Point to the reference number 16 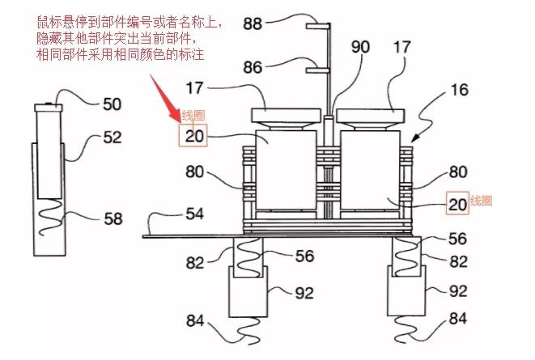tap(459, 90)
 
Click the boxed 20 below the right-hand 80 tap(457, 204)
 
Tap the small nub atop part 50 tap(47, 103)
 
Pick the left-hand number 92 tap(304, 292)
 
